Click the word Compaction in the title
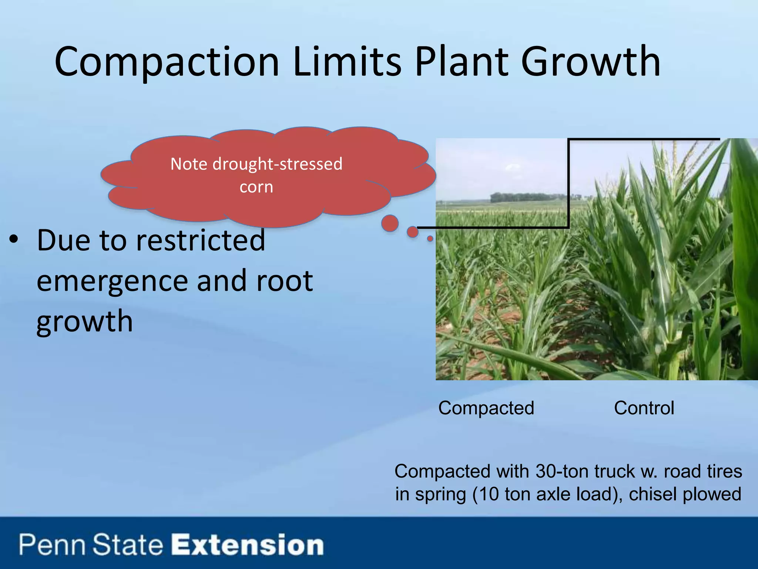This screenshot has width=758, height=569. click(x=167, y=62)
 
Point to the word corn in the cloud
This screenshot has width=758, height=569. click(x=256, y=187)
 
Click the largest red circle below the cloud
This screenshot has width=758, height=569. click(x=390, y=223)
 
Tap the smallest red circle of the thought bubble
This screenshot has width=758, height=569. click(x=430, y=239)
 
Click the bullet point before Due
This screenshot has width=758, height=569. click(x=14, y=240)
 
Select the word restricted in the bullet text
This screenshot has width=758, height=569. click(x=201, y=240)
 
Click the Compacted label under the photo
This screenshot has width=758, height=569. click(x=486, y=408)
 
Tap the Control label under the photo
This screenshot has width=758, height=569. click(x=644, y=408)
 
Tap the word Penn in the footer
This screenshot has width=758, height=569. click(x=52, y=545)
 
